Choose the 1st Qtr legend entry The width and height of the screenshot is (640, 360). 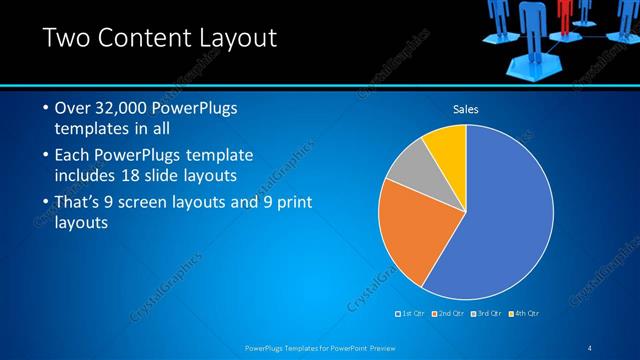click(413, 314)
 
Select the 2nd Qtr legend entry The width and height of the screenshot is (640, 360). click(449, 314)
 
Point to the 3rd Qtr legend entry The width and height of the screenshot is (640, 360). click(486, 314)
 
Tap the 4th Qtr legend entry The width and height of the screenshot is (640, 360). click(523, 314)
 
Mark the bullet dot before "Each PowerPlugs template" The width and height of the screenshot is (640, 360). click(46, 156)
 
